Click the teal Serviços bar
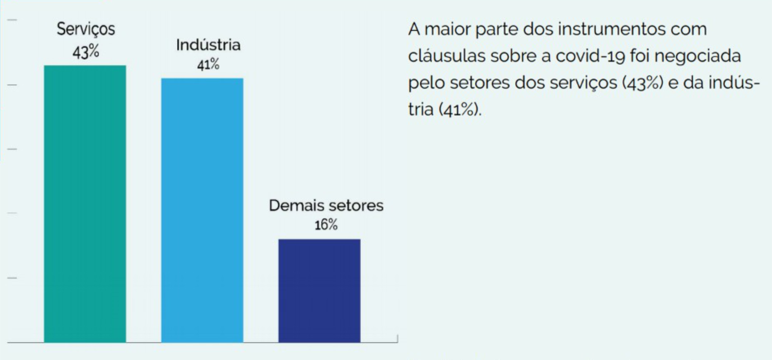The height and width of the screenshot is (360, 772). tap(85, 204)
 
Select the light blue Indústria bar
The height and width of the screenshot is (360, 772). tap(202, 210)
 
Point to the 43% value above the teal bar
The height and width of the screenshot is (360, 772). tap(86, 52)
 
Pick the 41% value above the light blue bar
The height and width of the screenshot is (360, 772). tap(208, 64)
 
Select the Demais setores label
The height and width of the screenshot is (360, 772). tap(326, 206)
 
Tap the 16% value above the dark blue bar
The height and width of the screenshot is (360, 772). tap(326, 225)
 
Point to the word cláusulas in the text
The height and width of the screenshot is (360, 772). tap(447, 56)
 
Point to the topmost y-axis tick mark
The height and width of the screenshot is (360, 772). tap(12, 20)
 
